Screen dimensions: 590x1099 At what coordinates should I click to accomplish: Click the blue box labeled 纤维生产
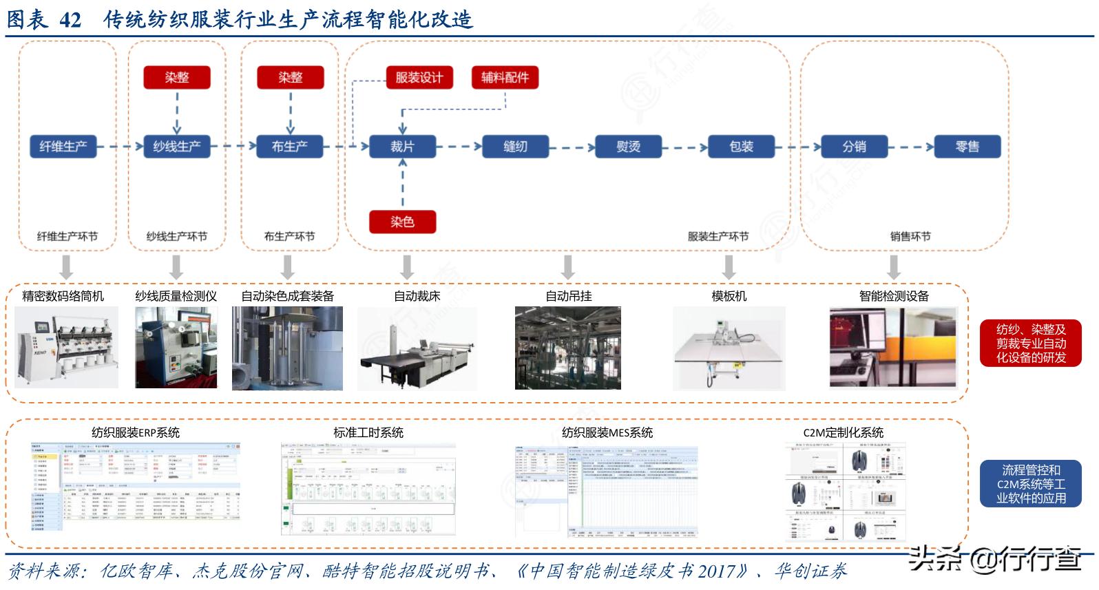[x=63, y=147]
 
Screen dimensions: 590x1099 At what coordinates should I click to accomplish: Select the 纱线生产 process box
[x=177, y=147]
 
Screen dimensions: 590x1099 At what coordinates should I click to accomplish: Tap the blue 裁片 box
[x=403, y=147]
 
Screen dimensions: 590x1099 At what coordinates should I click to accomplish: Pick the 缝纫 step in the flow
[x=515, y=147]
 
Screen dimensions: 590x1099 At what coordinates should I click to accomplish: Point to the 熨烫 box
[x=628, y=147]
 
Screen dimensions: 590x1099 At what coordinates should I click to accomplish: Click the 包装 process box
[x=741, y=147]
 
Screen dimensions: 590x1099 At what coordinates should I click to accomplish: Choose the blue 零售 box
[x=967, y=147]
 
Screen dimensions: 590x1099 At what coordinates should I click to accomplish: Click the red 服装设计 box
[x=419, y=77]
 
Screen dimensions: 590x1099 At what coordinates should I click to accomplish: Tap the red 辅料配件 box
[x=505, y=77]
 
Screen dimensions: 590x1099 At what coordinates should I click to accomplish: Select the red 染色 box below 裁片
[x=403, y=222]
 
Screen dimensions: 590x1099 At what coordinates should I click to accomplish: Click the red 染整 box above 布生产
[x=290, y=77]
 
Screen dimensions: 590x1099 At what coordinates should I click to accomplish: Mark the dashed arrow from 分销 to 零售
[x=910, y=147]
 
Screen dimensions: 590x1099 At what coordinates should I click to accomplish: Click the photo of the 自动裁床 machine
[x=417, y=348]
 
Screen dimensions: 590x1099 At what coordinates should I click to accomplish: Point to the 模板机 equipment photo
[x=729, y=348]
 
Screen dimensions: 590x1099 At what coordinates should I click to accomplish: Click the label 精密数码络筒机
[x=63, y=296]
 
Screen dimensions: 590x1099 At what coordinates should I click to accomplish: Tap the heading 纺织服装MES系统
[x=607, y=433]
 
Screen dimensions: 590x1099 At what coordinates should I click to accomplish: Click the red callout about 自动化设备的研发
[x=1030, y=343]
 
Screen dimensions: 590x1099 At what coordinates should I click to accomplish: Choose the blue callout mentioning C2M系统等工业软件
[x=1030, y=484]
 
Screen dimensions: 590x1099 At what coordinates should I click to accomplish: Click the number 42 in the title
[x=71, y=19]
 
